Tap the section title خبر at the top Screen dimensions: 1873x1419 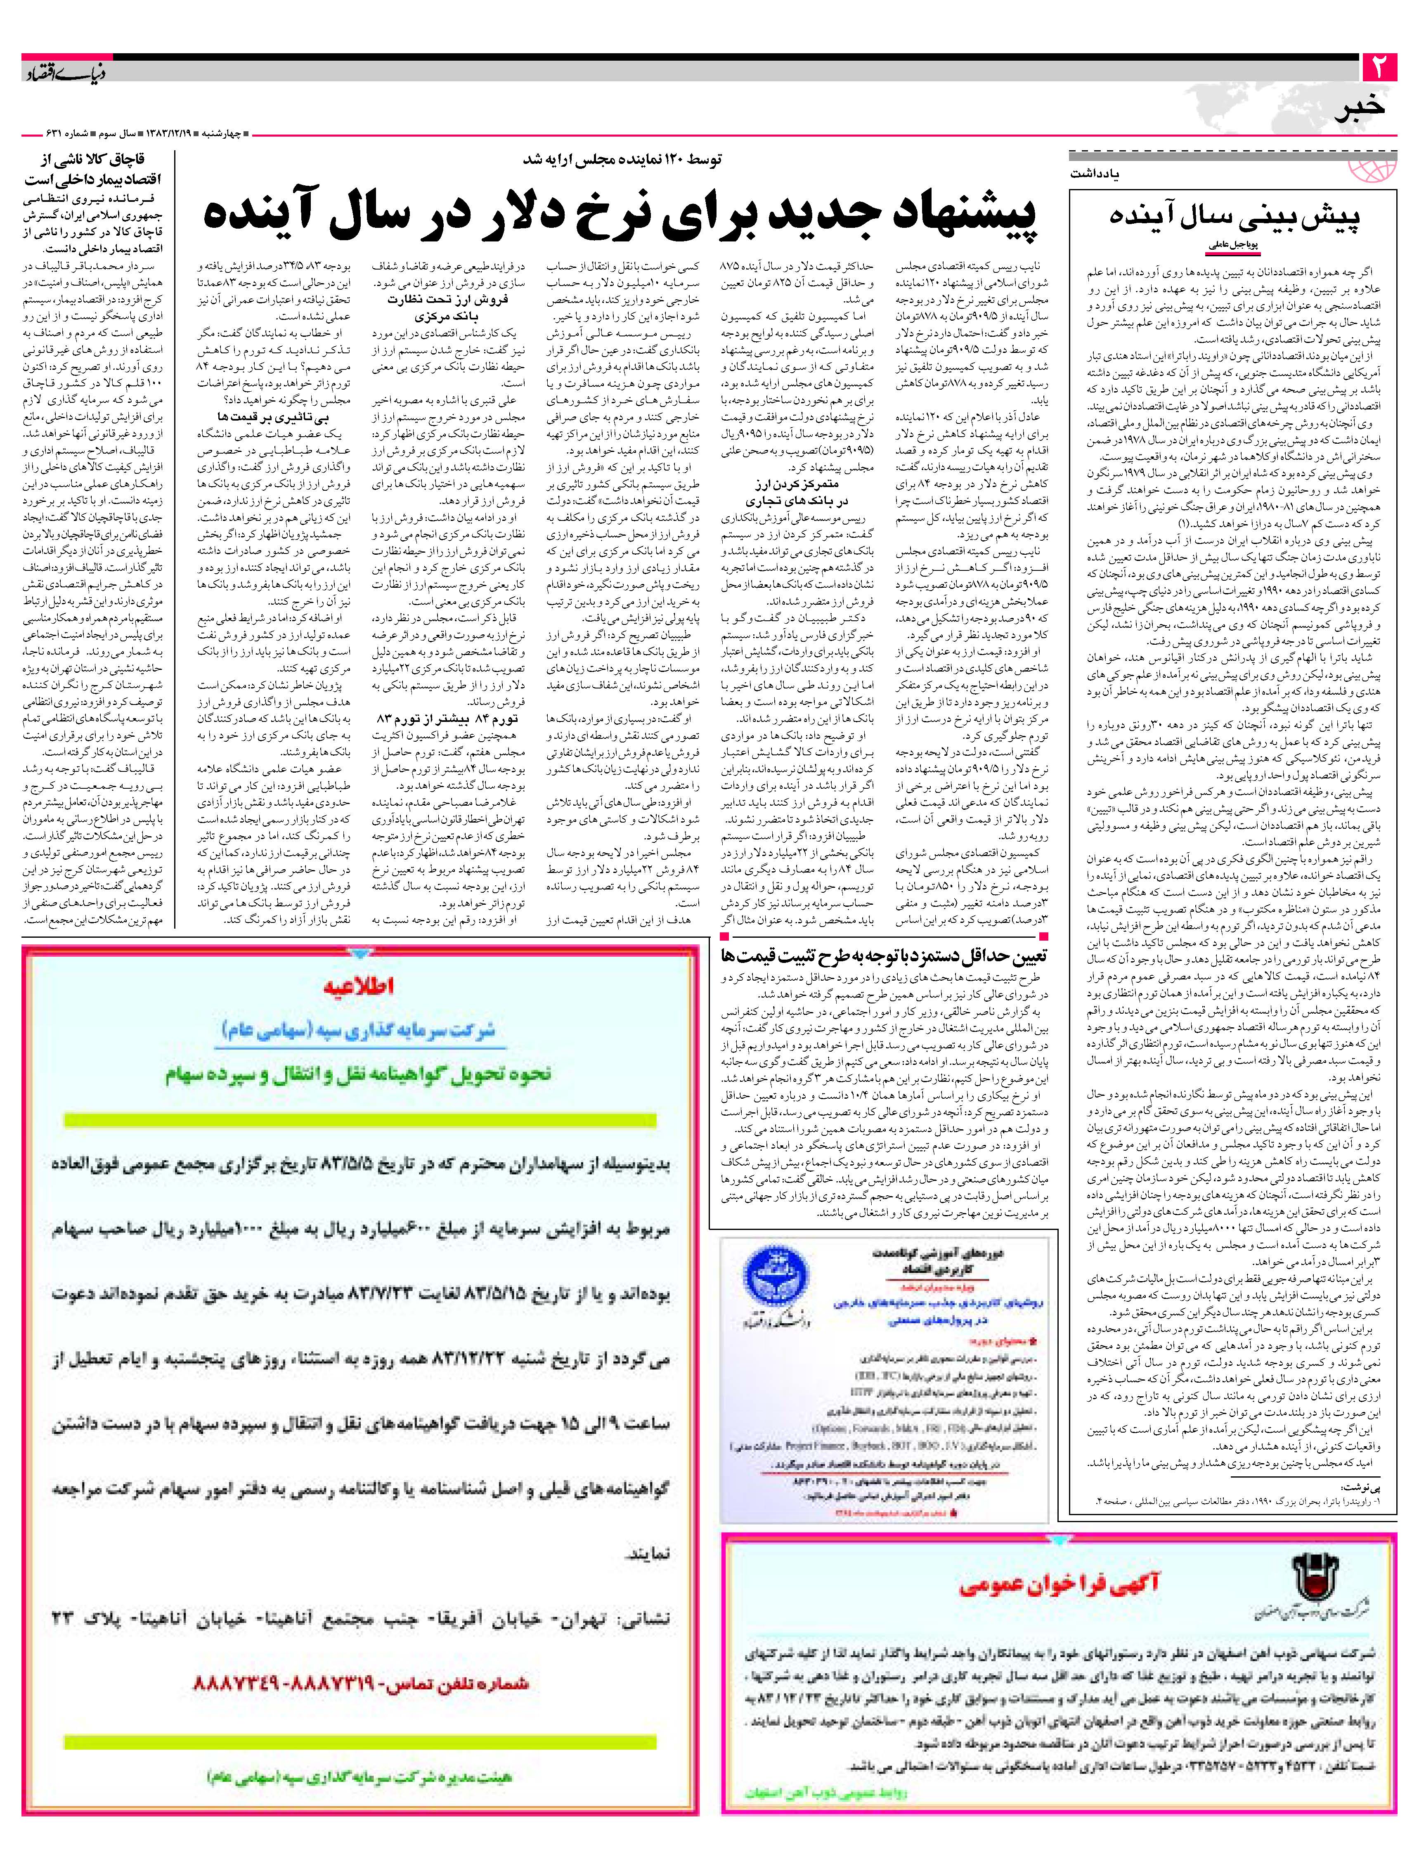point(1360,109)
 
